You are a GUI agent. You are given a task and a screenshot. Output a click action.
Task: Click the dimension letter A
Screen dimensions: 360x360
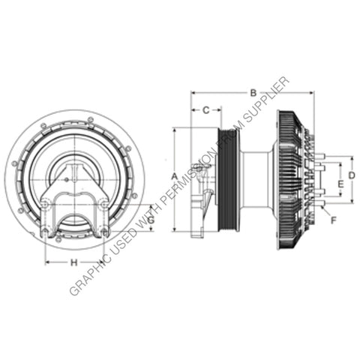(x=174, y=175)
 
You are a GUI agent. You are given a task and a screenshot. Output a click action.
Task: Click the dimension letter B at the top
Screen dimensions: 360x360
(x=253, y=93)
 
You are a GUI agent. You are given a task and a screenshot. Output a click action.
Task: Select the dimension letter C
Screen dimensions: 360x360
(x=205, y=110)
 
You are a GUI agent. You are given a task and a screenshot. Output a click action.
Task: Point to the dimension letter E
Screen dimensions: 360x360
(x=340, y=183)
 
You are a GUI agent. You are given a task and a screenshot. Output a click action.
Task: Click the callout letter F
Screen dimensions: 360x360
(x=334, y=220)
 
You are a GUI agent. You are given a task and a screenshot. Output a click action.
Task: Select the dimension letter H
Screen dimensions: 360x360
(x=73, y=262)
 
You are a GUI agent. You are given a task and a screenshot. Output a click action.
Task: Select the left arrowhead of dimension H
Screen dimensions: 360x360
(x=46, y=262)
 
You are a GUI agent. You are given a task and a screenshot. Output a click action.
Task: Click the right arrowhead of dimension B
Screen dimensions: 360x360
(x=313, y=93)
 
